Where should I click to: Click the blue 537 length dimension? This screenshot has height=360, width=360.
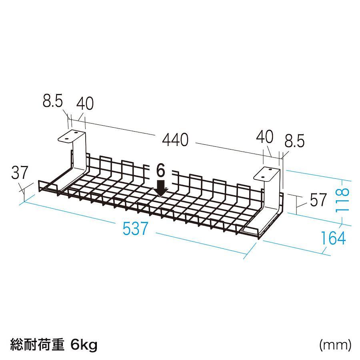(x=135, y=228)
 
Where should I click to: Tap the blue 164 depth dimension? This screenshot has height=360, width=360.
(x=333, y=238)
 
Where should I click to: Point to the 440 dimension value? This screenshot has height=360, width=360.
(x=175, y=140)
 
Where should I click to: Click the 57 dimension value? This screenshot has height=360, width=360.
(x=318, y=200)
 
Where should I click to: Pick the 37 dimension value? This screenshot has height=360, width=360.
(x=20, y=172)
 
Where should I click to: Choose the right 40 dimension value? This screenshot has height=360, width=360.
(x=264, y=136)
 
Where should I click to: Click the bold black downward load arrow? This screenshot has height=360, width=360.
(x=161, y=188)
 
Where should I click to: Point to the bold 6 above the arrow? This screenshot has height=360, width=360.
(x=160, y=170)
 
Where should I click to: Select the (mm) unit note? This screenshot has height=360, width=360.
(x=336, y=344)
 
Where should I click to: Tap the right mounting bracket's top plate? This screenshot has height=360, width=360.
(x=267, y=174)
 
